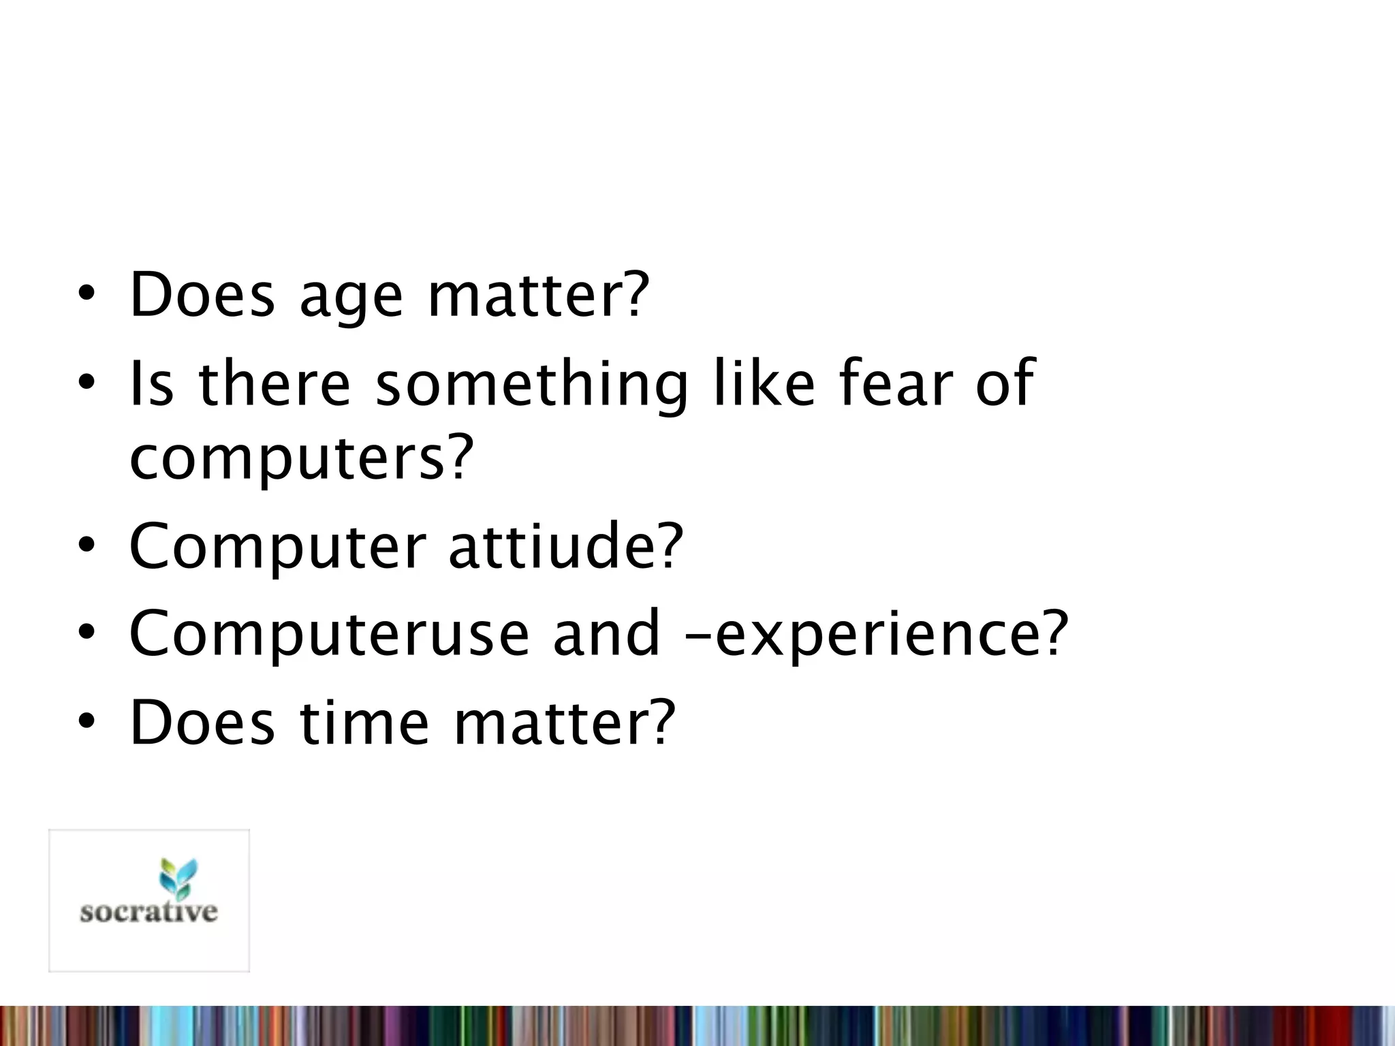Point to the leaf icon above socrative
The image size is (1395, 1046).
tap(177, 876)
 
